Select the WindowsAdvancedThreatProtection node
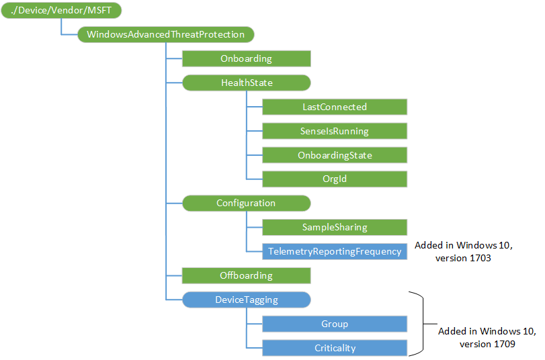[165, 34]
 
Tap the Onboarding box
[246, 58]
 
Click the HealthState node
[246, 83]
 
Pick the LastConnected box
[334, 107]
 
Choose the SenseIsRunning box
[334, 131]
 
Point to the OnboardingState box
[334, 155]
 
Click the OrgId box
[334, 179]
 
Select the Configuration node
[246, 203]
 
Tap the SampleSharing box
[334, 227]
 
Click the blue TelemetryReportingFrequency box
[334, 251]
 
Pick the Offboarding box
[246, 275]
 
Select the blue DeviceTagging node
[246, 300]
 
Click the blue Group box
[334, 324]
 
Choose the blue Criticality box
[334, 348]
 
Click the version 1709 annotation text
[487, 344]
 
